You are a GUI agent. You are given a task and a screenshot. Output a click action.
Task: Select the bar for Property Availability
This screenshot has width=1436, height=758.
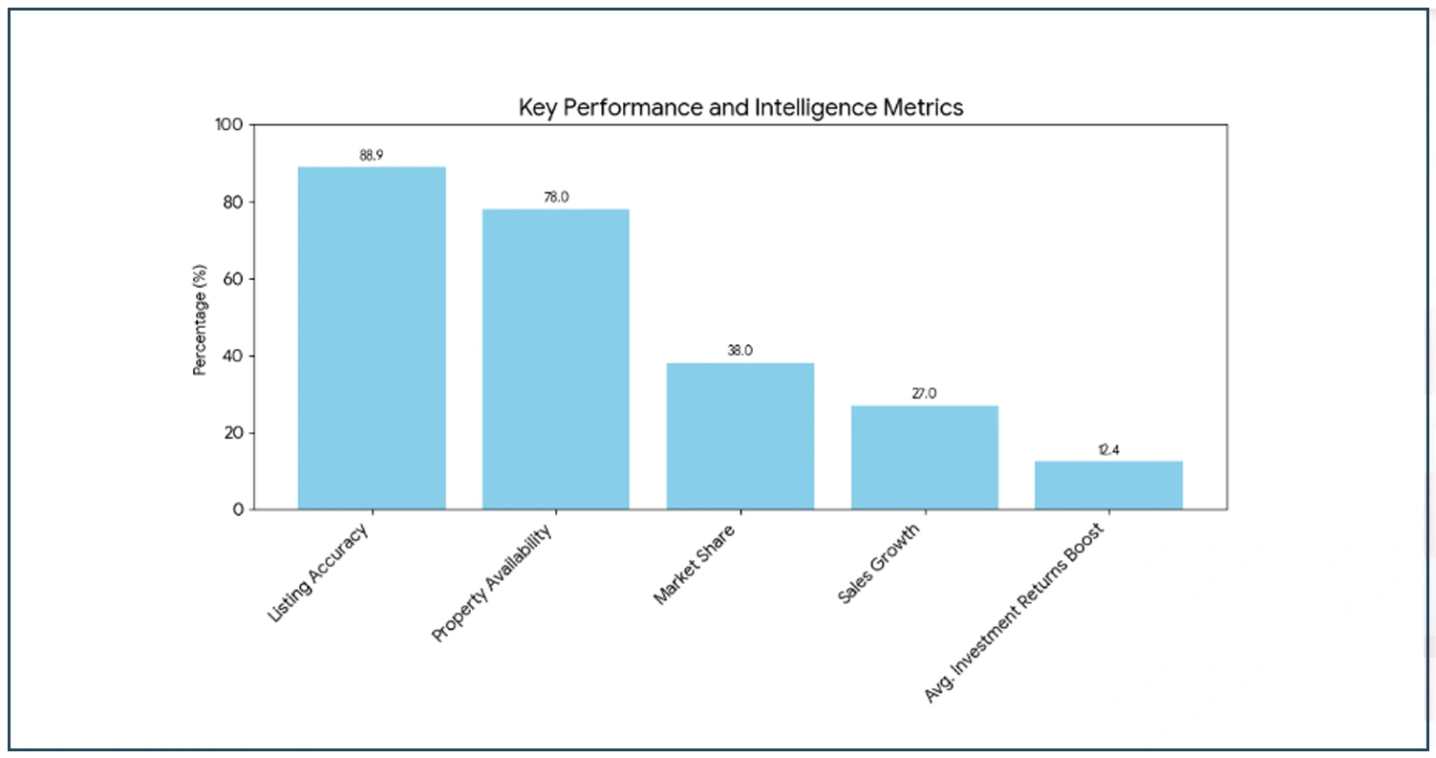coord(555,358)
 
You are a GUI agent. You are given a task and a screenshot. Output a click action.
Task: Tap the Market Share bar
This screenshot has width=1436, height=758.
coord(739,436)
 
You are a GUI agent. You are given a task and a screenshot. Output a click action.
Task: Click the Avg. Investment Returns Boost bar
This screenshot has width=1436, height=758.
coord(1108,485)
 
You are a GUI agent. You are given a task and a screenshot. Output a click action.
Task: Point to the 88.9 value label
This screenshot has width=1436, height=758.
coord(372,155)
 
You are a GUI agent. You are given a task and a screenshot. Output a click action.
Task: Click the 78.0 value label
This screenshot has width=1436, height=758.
coord(556,197)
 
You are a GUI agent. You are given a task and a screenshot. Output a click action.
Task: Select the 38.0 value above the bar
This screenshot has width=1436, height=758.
coord(739,351)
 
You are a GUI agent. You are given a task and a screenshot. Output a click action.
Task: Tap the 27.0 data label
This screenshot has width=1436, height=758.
coord(924,393)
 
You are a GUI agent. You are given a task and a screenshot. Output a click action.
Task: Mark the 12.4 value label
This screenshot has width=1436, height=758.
coord(1108,449)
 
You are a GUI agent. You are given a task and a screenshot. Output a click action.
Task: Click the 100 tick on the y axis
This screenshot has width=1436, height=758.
coord(232,125)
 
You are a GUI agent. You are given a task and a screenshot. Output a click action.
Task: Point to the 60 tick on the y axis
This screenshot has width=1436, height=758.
coord(235,279)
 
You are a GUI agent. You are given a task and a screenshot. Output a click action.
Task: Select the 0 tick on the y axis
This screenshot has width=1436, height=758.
coord(239,509)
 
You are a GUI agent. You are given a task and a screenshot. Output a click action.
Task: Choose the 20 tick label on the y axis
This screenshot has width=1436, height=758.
coord(235,433)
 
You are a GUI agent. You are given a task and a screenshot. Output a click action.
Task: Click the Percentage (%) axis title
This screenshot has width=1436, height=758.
coord(200,318)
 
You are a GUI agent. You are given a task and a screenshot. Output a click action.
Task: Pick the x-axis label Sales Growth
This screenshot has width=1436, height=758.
coord(879,565)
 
